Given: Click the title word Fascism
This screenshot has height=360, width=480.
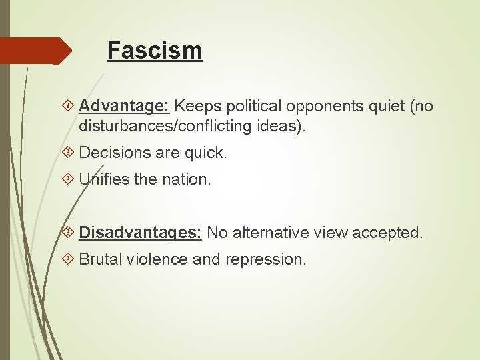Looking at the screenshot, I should [x=155, y=50].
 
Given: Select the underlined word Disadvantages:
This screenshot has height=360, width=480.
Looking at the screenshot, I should [x=140, y=233].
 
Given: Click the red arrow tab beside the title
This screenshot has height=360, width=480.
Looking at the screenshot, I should [x=37, y=51].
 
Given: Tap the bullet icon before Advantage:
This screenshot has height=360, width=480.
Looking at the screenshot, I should [x=71, y=106].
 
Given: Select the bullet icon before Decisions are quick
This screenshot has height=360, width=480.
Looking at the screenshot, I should [x=71, y=153].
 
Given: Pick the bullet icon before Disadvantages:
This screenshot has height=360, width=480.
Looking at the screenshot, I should [x=71, y=233].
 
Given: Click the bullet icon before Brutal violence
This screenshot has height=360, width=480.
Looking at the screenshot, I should [x=71, y=259].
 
